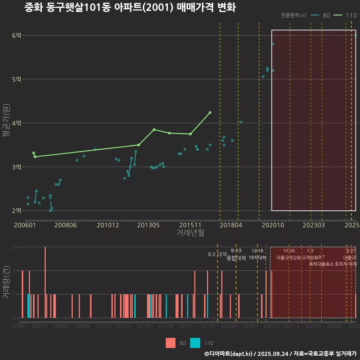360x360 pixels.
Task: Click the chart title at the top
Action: pos(130,8)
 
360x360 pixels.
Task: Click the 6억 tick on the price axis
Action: pos(16,36)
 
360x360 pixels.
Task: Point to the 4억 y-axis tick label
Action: pos(16,123)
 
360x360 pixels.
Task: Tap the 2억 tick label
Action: pos(16,211)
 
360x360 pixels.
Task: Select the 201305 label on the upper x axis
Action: pos(148,225)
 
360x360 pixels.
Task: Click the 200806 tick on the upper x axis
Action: pos(66,225)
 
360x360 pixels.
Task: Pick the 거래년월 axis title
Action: pos(190,233)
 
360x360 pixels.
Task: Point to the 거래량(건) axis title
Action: pos(6,282)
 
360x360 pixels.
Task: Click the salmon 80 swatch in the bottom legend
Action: pos(171,343)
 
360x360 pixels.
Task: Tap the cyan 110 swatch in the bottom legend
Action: pos(195,343)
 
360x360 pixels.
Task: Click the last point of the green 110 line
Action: pos(210,112)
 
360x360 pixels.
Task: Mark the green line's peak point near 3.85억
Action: pos(154,129)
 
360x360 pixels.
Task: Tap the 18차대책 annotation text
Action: pos(257,257)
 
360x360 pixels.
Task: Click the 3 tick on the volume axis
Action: pos(14,247)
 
